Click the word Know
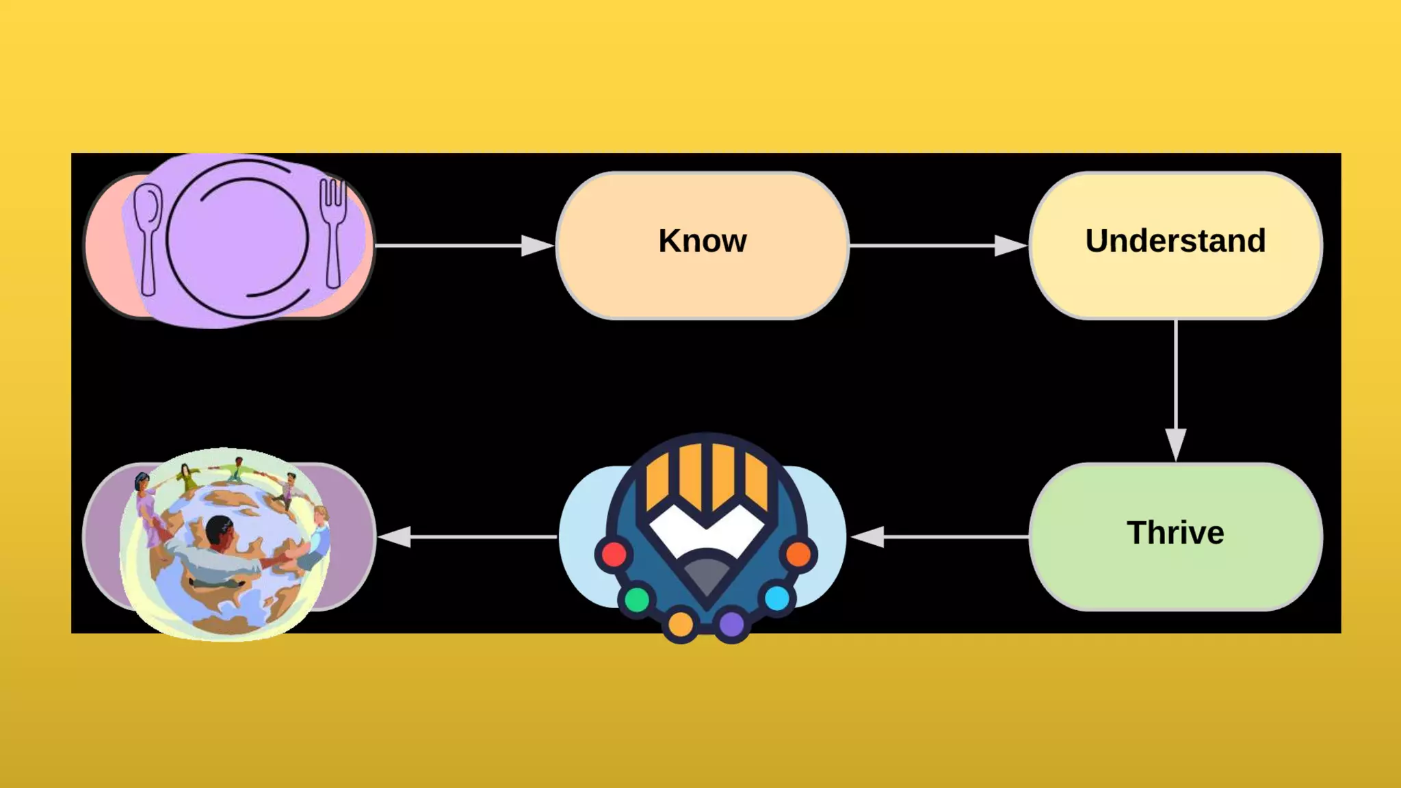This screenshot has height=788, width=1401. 703,241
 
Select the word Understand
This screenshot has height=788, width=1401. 1175,241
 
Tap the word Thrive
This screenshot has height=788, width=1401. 1175,533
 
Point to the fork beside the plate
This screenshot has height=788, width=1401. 333,229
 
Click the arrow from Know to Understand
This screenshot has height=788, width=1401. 938,245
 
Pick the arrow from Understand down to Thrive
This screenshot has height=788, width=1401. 1175,390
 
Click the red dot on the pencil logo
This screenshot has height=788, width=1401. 614,554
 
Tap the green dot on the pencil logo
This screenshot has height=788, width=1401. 637,600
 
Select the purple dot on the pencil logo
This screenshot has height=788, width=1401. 731,624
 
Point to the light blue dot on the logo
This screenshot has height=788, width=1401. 776,599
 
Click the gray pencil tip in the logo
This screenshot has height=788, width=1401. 707,575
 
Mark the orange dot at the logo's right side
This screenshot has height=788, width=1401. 798,554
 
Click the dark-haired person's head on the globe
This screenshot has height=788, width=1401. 219,528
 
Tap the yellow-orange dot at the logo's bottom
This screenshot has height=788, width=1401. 681,624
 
